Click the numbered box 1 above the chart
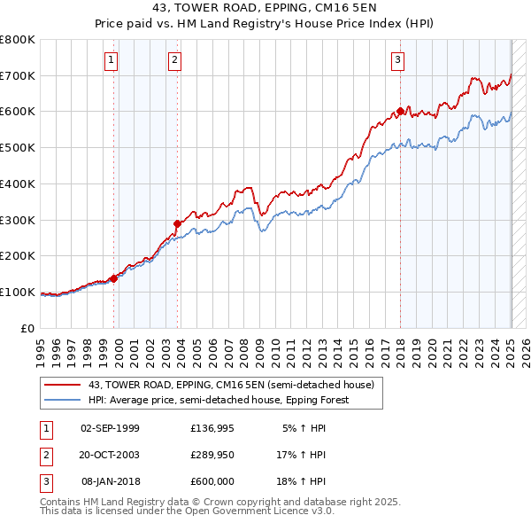coord(112,60)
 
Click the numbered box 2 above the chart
coord(175,60)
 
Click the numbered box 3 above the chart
coord(398,60)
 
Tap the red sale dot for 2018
coord(400,111)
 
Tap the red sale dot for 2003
coord(177,223)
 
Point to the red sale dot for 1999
coord(113,278)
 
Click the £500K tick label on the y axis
coord(18,147)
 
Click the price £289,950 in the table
coord(212,455)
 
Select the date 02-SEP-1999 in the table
coord(110,428)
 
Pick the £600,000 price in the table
coord(212,481)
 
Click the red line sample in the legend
coord(62,385)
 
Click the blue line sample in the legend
coord(62,400)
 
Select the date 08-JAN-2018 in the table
coord(110,481)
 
